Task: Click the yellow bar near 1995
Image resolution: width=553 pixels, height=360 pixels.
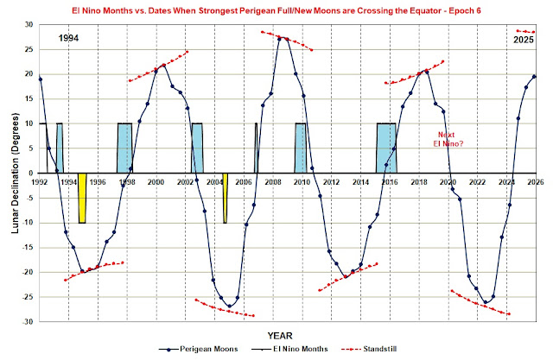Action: tap(82, 198)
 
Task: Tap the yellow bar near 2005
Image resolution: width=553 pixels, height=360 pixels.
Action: tap(225, 198)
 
